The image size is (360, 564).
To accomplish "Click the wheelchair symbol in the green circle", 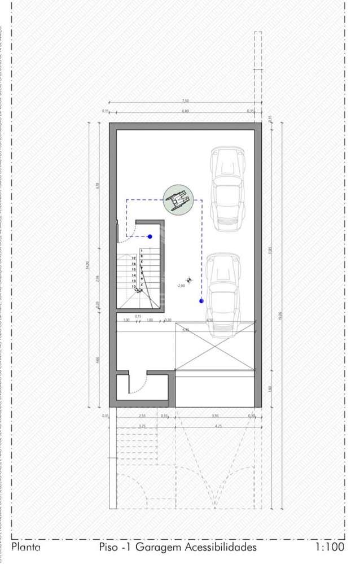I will pos(178,200).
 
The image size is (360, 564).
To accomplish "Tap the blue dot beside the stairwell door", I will pos(150,237).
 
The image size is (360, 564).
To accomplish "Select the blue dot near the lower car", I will pos(201,301).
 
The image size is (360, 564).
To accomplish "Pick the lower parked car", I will pos(224,294).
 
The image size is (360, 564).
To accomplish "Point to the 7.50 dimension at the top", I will pos(186,101).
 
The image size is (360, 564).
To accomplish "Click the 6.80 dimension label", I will pos(186,111).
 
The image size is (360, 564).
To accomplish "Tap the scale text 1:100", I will pos(330,547).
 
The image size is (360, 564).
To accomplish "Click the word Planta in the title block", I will pos(25,547).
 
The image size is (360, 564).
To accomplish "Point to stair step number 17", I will pos(134,258).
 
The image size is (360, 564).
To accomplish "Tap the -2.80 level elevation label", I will pos(181,286).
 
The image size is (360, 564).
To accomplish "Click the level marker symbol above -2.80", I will pos(188,278).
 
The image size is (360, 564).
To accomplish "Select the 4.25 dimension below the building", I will pos(218,426).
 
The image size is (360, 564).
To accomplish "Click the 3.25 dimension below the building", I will pos(142,426).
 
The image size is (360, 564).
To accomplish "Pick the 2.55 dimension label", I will pos(142,416).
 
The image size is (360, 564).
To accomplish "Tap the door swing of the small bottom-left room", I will pos(138,384).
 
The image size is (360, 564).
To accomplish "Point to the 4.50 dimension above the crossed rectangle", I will pos(210,320).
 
